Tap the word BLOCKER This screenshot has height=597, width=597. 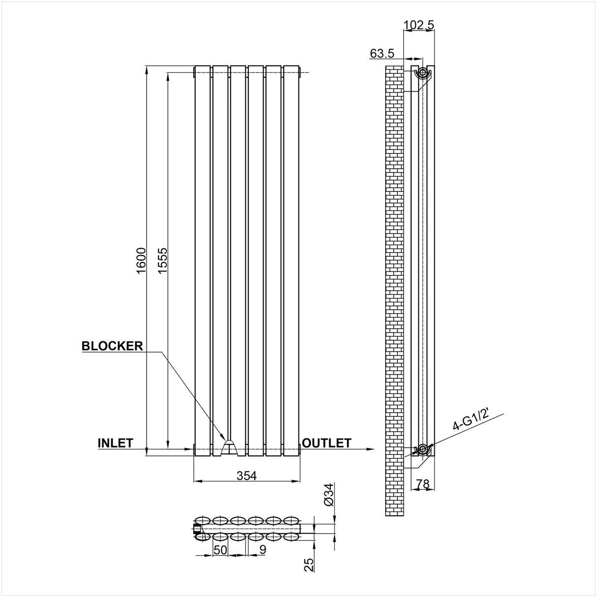point(112,346)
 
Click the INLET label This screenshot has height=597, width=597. point(116,443)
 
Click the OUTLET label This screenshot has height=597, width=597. point(327,443)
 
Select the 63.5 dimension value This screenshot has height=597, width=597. point(383,53)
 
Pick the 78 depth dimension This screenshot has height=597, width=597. point(422,484)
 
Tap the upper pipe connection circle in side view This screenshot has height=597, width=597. point(422,73)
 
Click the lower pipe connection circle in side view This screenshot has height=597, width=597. point(422,448)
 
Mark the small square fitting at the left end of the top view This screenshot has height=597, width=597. point(198,529)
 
